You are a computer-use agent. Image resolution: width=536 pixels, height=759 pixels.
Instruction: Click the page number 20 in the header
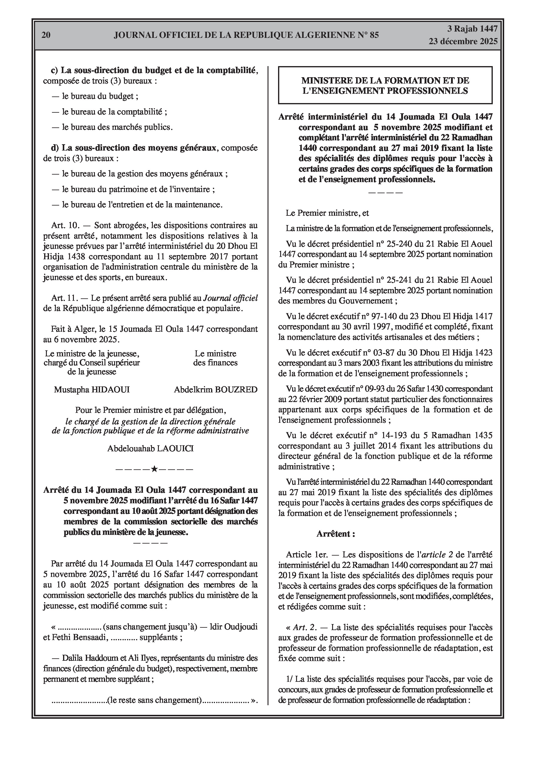[x=46, y=35]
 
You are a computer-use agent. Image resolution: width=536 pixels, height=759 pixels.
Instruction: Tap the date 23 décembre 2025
[x=463, y=41]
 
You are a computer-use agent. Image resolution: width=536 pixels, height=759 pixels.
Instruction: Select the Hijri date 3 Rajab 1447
[x=472, y=29]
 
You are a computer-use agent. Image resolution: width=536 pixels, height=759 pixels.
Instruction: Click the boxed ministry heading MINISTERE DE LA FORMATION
[x=385, y=85]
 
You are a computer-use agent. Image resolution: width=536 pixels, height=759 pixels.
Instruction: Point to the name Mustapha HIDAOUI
[x=92, y=390]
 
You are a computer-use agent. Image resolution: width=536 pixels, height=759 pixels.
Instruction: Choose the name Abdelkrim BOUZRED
[x=216, y=390]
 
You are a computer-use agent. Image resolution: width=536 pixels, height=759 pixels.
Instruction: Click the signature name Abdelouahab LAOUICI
[x=150, y=449]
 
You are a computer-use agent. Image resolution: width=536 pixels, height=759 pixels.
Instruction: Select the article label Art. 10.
[x=65, y=225]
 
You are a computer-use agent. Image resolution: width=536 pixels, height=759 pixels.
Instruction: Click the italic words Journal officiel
[x=230, y=298]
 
